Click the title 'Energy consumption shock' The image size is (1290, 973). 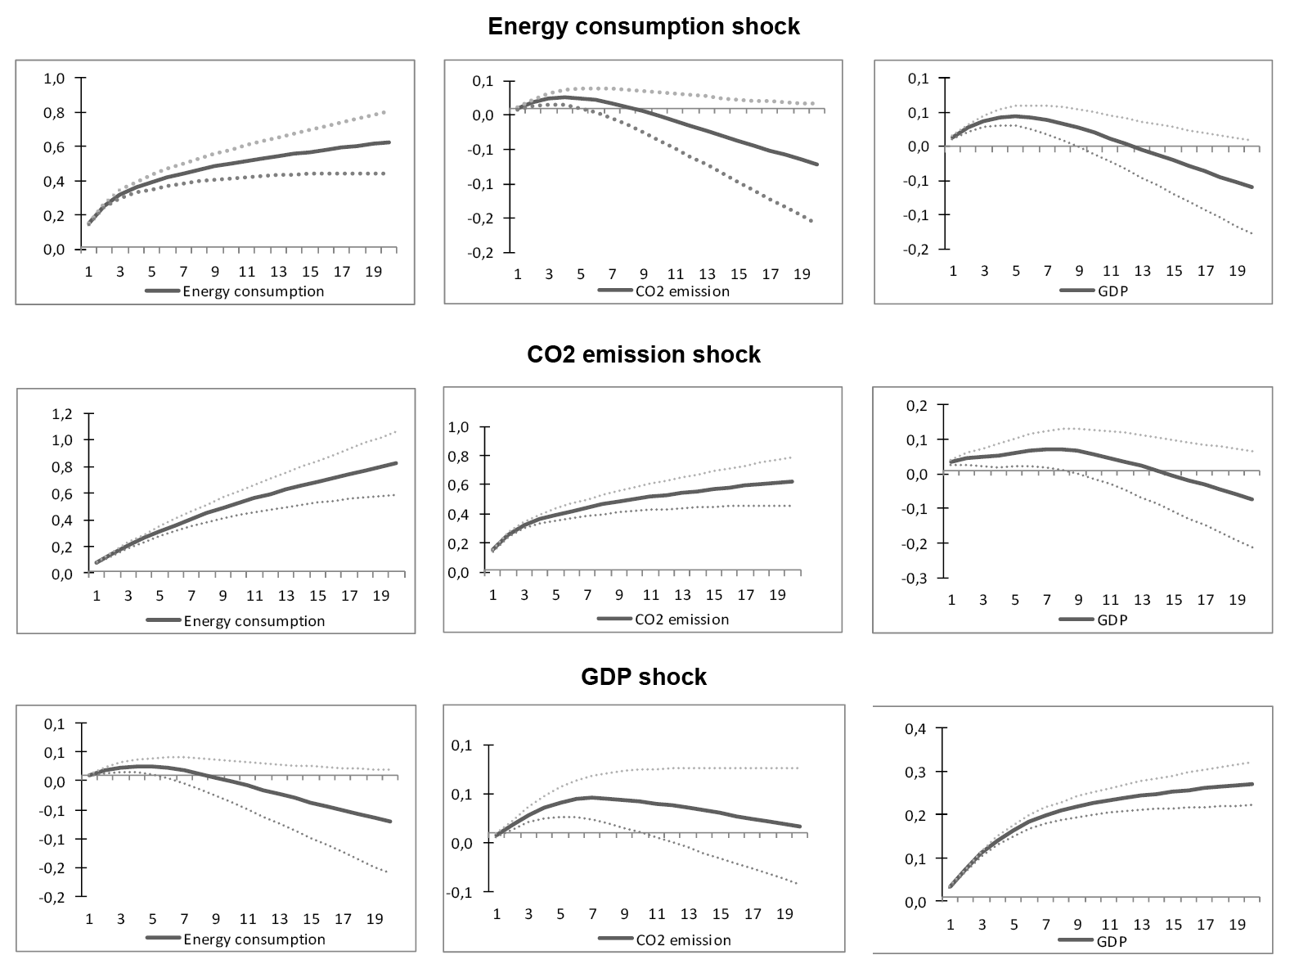click(x=644, y=26)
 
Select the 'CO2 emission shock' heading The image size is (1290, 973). click(x=644, y=354)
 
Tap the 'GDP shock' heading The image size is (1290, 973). click(x=644, y=677)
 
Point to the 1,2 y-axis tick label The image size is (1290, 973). click(x=63, y=414)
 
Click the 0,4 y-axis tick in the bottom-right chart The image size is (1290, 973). click(x=915, y=728)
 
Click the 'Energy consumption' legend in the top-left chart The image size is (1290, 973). click(x=254, y=291)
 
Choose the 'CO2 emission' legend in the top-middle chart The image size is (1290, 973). click(x=682, y=291)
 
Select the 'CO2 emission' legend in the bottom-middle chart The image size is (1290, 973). click(x=683, y=939)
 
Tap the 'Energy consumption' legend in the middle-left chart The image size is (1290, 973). click(x=254, y=621)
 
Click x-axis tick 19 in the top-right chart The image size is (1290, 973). click(x=1237, y=272)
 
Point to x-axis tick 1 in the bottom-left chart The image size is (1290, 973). click(x=89, y=920)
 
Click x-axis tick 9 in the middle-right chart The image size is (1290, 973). click(x=1078, y=600)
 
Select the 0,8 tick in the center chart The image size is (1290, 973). click(x=460, y=456)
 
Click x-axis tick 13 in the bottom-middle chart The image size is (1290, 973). click(x=689, y=914)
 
